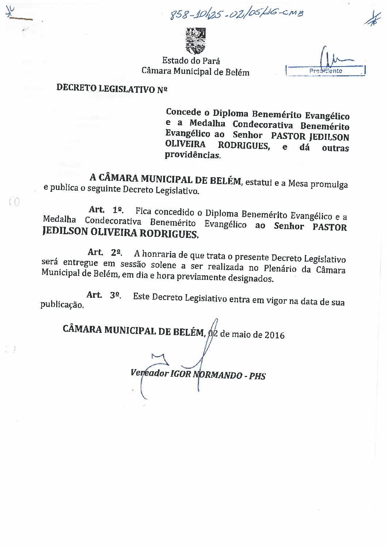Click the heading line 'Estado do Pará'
click(191, 61)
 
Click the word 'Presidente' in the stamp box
click(326, 71)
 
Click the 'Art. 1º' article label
click(106, 210)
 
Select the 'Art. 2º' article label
click(105, 252)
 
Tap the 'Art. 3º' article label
click(104, 295)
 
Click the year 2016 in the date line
click(275, 335)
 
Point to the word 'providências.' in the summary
click(193, 155)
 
